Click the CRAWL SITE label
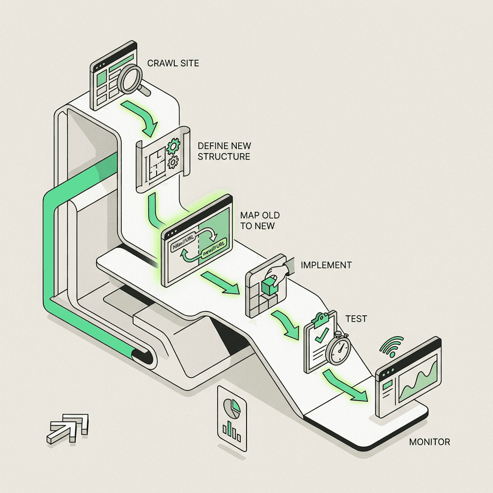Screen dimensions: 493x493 [x=172, y=63]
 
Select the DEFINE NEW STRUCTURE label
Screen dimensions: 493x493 [x=224, y=151]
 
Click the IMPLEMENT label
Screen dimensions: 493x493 [x=326, y=265]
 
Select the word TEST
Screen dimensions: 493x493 [x=356, y=319]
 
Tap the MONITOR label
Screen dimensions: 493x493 [x=429, y=442]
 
